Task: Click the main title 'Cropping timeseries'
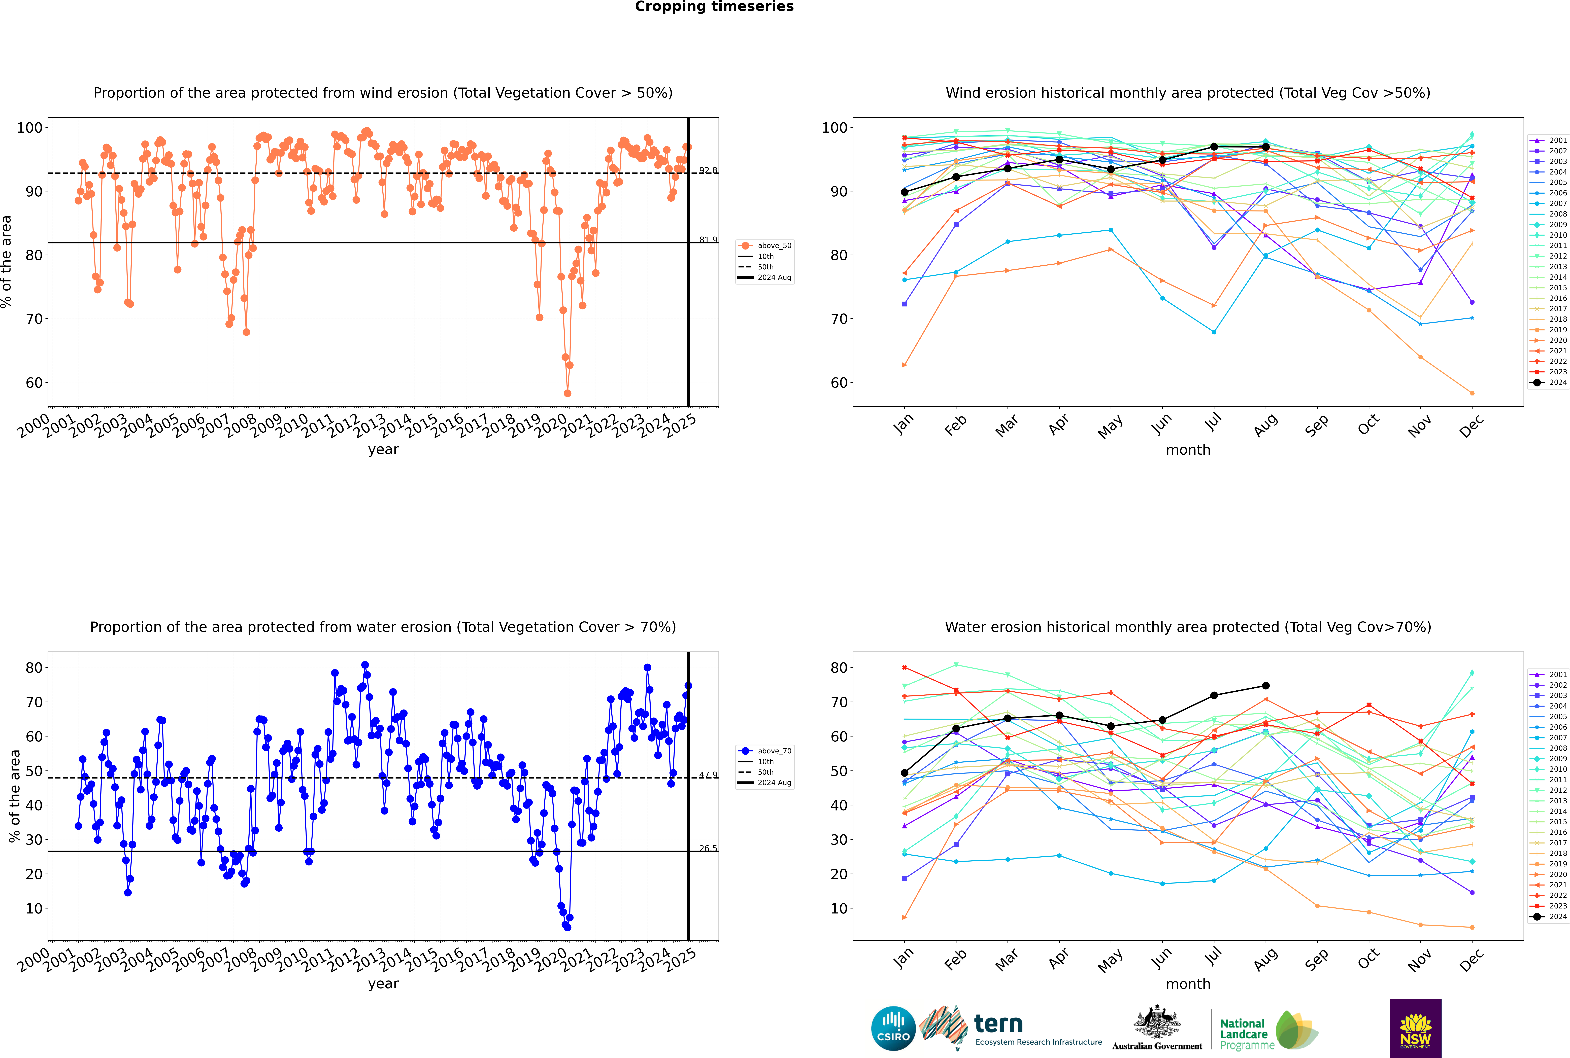714,7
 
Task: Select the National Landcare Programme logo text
1243,1034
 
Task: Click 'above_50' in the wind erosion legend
774,246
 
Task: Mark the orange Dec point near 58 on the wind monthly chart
1472,393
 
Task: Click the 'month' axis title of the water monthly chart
1188,984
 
